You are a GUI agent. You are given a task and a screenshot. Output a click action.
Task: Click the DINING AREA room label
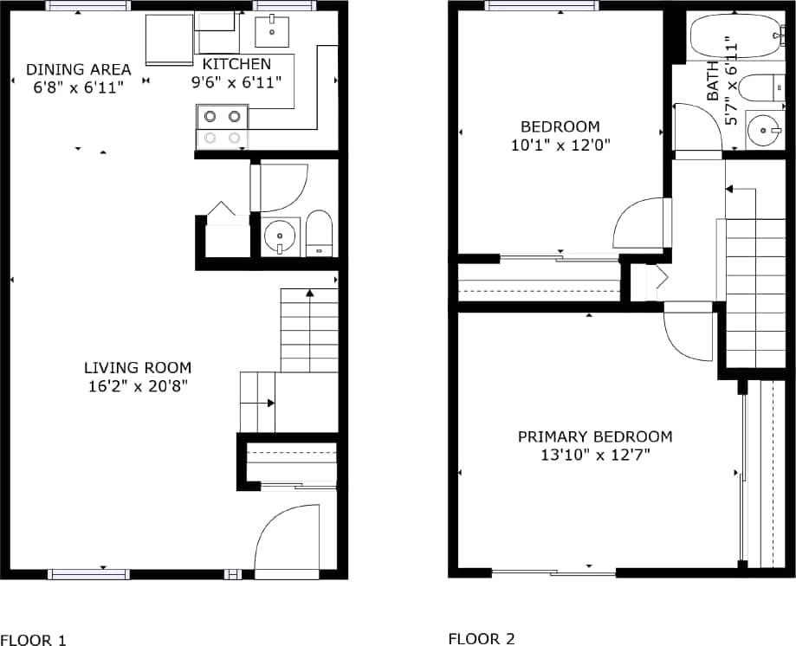click(x=79, y=69)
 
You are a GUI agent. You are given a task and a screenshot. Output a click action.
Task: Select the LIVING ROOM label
click(x=138, y=367)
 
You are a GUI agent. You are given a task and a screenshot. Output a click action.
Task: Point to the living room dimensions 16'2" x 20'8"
click(x=138, y=385)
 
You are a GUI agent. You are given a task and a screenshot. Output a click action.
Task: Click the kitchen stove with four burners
click(x=223, y=126)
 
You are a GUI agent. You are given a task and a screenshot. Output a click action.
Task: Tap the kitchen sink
click(x=274, y=31)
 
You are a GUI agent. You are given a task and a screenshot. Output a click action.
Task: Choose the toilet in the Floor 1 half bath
click(x=319, y=234)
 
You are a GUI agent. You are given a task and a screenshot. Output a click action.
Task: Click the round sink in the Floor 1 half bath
click(x=280, y=236)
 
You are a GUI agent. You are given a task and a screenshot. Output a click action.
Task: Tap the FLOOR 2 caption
click(x=482, y=639)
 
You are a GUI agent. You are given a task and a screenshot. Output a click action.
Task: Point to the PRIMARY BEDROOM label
click(x=594, y=436)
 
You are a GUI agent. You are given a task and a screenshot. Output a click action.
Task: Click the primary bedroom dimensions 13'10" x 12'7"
click(x=594, y=454)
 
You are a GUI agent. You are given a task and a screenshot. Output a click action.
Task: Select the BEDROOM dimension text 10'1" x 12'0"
click(x=561, y=145)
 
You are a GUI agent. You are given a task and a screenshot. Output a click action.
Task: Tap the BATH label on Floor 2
click(x=713, y=81)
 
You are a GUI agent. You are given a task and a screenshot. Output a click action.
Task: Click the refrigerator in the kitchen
click(x=168, y=39)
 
